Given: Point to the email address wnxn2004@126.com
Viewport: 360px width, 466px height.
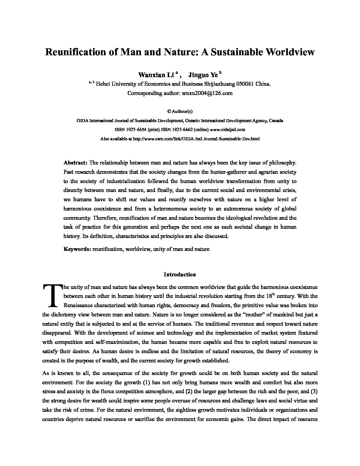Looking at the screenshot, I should coord(207,93).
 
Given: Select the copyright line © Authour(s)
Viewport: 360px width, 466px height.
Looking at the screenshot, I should coord(180,112).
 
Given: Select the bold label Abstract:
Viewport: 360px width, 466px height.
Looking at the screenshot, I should coord(75,163).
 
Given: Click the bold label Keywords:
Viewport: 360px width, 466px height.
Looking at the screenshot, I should coord(77,249).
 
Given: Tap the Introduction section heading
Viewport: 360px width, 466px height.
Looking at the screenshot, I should coord(180,274).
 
